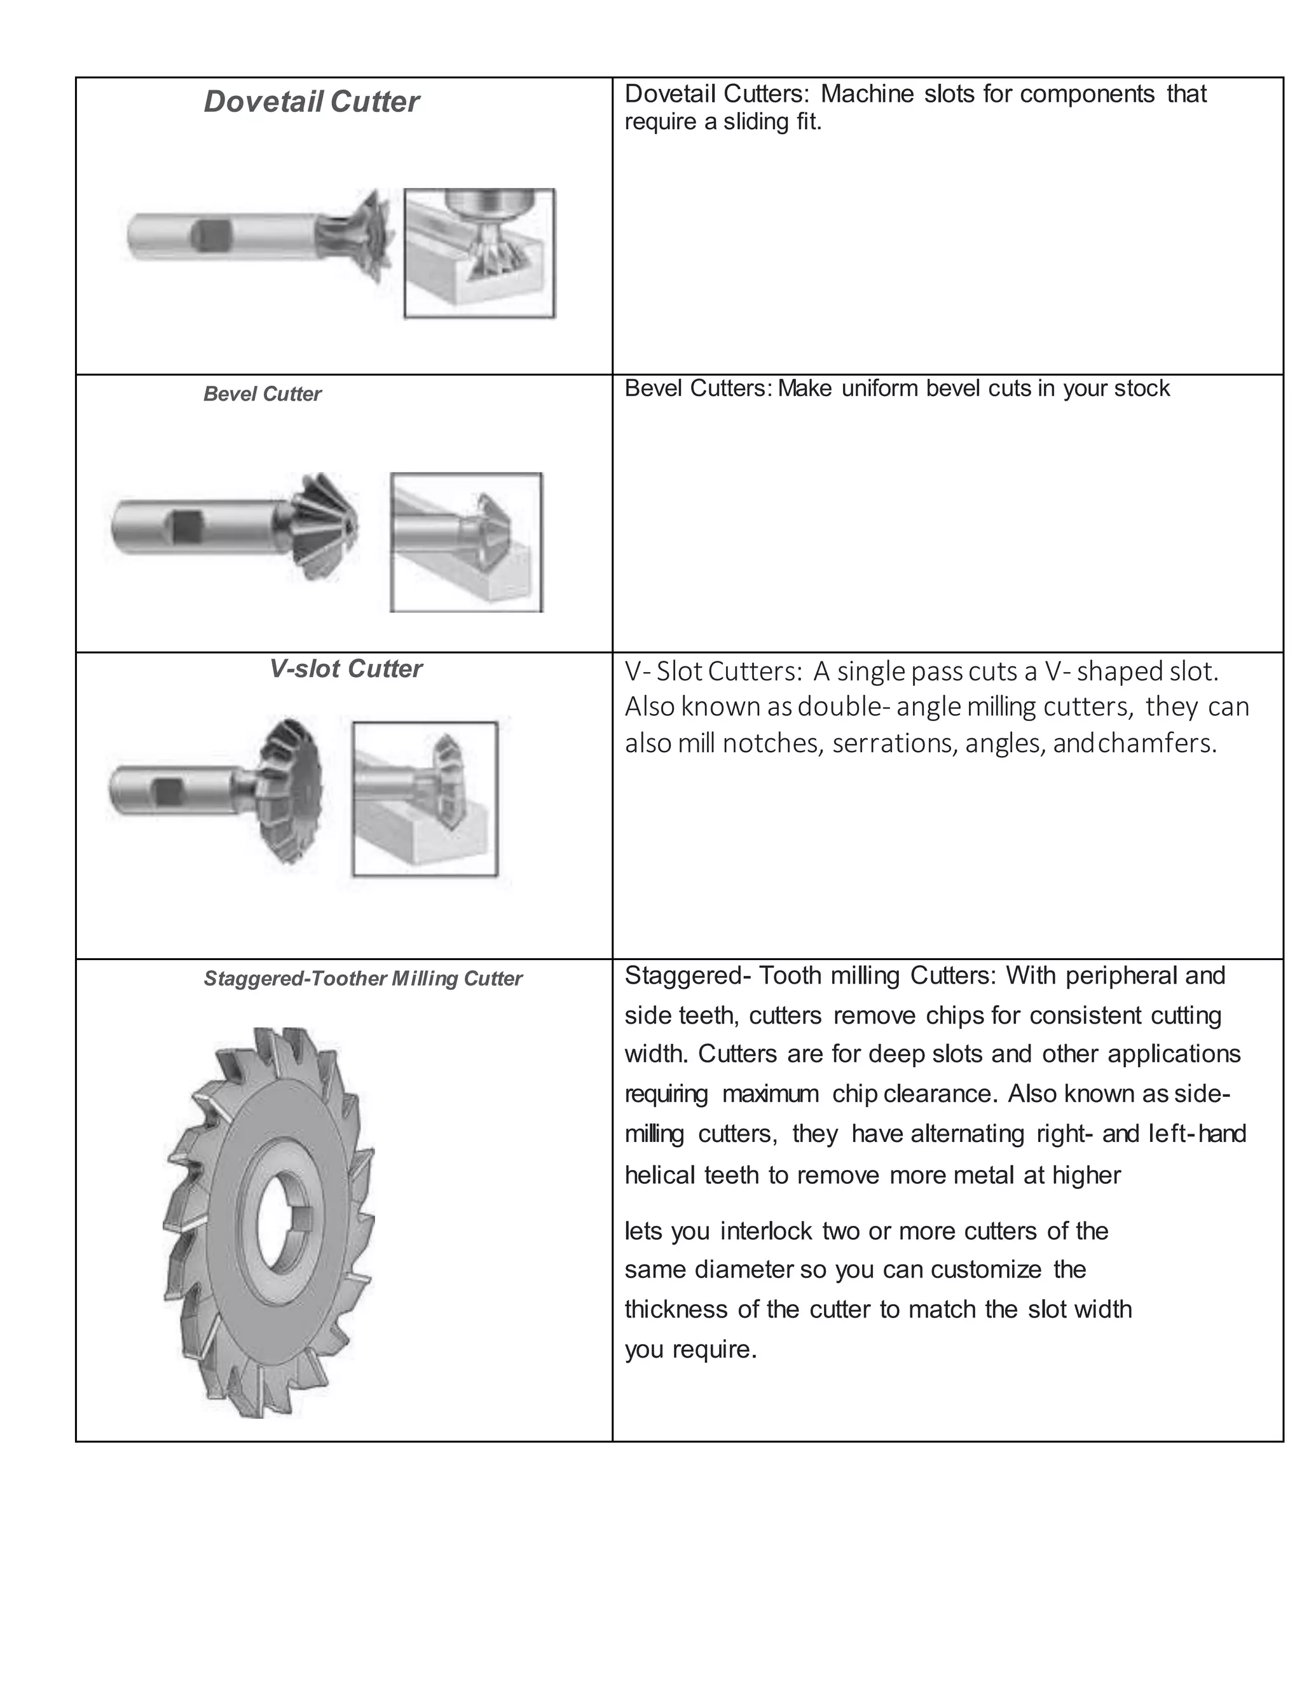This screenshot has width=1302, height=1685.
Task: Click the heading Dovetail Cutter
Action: pyautogui.click(x=311, y=102)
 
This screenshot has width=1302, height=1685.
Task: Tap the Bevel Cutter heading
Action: pyautogui.click(x=263, y=394)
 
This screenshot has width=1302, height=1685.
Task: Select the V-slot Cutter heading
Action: pyautogui.click(x=346, y=669)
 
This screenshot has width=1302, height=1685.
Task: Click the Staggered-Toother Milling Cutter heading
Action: pyautogui.click(x=362, y=979)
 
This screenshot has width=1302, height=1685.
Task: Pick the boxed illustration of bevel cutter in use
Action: pyautogui.click(x=466, y=542)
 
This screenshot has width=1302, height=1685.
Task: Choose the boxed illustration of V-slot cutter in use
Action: pyautogui.click(x=425, y=799)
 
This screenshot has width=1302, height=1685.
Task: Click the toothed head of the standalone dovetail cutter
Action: pyautogui.click(x=367, y=235)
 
